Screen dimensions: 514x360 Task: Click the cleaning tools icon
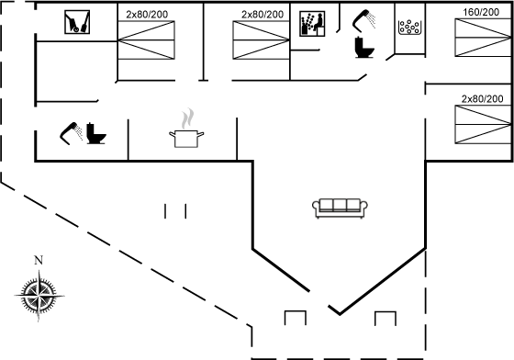tap(77, 22)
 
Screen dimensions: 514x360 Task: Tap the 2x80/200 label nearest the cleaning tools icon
tap(147, 15)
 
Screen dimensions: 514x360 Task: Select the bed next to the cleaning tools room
tap(146, 40)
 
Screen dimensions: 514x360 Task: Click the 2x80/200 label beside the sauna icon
tap(263, 15)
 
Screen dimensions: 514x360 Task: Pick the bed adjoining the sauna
tap(262, 40)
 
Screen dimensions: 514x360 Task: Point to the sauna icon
tap(312, 24)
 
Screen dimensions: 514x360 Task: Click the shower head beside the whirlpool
tap(363, 20)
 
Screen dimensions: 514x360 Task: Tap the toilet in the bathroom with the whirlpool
tap(364, 48)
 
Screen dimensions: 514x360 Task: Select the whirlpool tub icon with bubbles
tap(409, 28)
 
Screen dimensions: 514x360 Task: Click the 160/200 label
tap(481, 13)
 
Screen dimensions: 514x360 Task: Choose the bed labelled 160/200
tap(483, 38)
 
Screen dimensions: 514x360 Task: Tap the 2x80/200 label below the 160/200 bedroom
tap(482, 99)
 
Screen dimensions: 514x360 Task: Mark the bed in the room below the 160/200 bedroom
tap(483, 125)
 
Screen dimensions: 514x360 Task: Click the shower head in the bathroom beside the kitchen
tap(70, 132)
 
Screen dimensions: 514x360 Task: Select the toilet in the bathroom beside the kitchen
tap(95, 133)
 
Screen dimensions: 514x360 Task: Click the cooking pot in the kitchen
tap(186, 139)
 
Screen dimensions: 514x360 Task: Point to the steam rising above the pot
tap(187, 118)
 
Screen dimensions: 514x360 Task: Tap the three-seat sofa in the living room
tap(340, 208)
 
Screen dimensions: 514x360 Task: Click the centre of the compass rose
tap(39, 296)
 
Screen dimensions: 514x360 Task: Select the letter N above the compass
tap(39, 260)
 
